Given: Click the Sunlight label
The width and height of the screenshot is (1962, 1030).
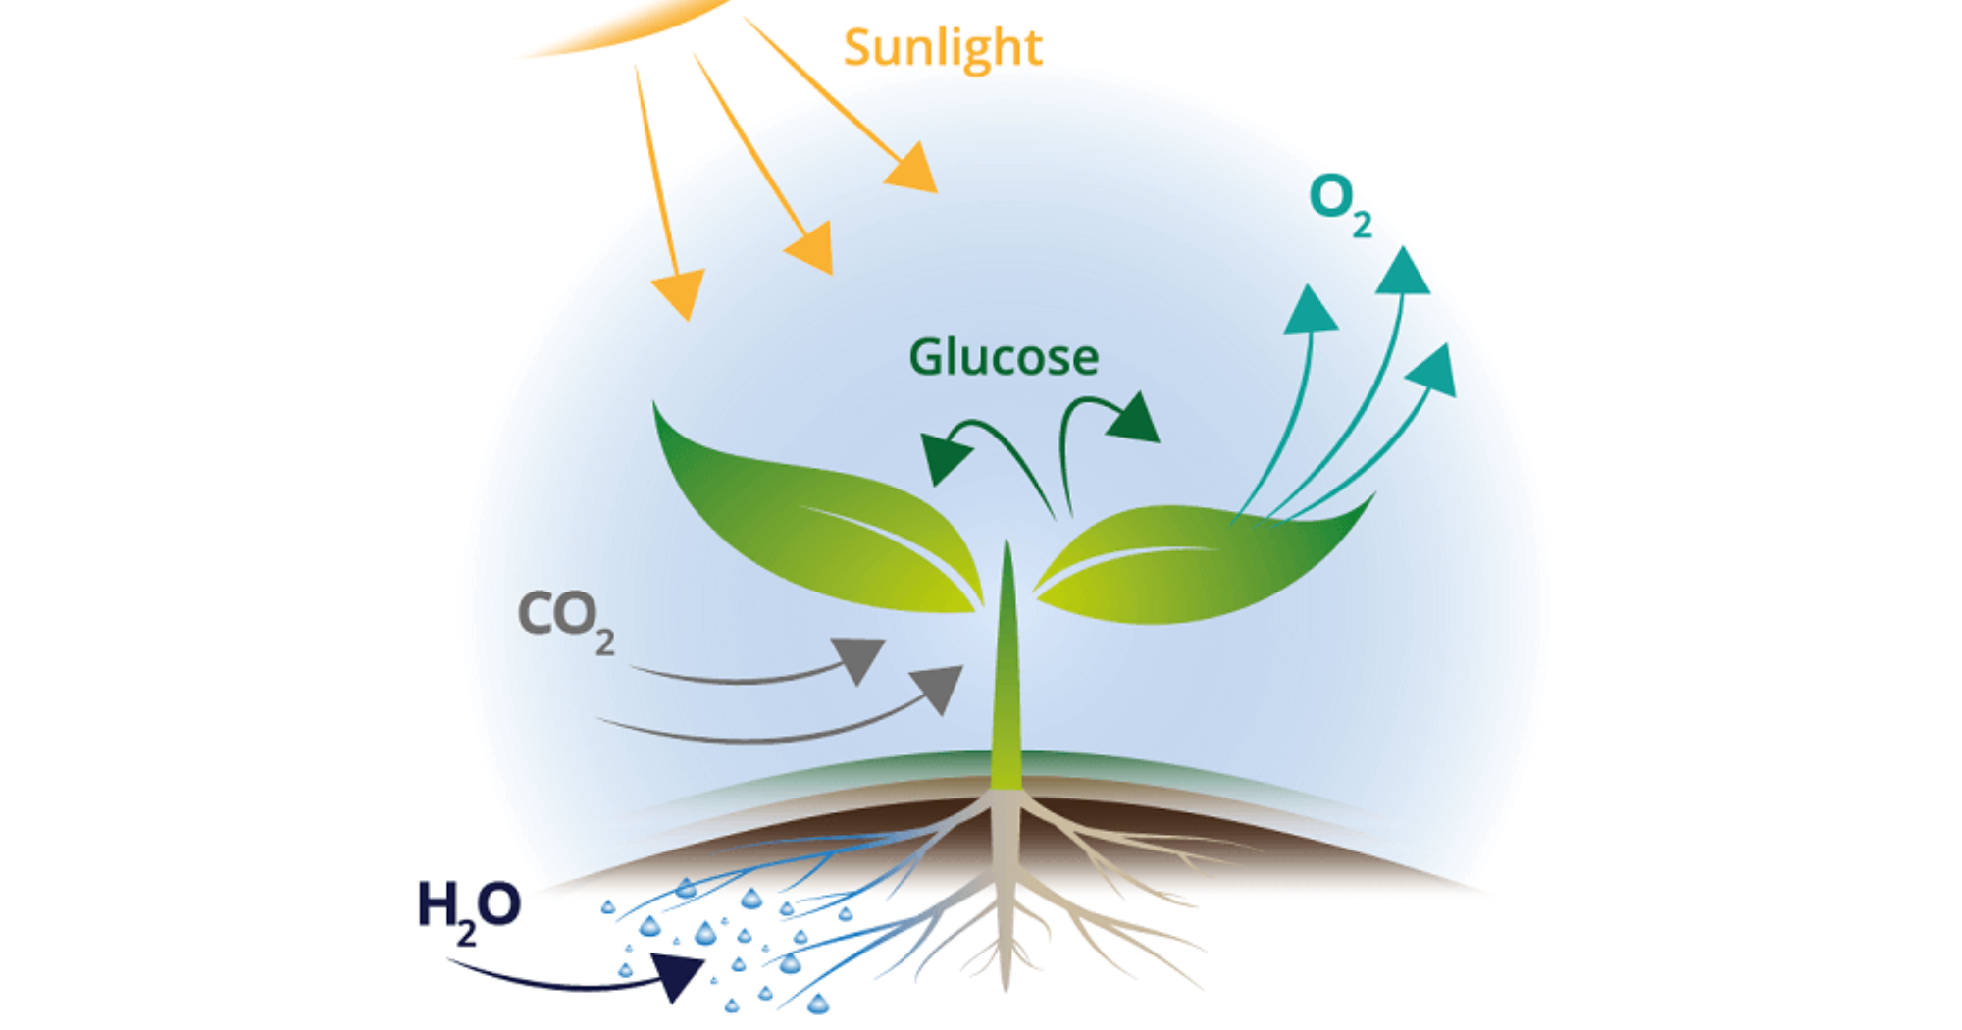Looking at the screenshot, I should click(x=942, y=47).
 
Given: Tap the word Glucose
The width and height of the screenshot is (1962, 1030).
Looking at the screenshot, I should click(x=1003, y=357).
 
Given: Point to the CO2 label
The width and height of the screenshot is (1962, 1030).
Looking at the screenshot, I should click(x=565, y=618).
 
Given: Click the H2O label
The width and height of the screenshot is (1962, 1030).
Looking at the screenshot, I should click(x=468, y=908).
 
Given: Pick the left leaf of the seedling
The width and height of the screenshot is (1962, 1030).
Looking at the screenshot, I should click(x=804, y=520).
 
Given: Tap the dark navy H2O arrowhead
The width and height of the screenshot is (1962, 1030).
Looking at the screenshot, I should click(x=677, y=975).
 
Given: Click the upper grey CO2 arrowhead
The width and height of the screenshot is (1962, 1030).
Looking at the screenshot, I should click(x=858, y=657).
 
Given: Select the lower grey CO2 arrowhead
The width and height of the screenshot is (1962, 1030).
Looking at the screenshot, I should click(x=938, y=686).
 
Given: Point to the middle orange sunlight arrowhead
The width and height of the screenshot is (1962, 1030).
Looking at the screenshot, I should click(x=812, y=247).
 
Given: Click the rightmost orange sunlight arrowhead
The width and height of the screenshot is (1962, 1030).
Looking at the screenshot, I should click(x=912, y=168).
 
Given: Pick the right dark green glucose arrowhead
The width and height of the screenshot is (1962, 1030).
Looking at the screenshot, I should click(x=1136, y=419).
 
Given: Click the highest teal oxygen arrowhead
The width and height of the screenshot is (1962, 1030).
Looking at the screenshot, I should click(x=1403, y=273).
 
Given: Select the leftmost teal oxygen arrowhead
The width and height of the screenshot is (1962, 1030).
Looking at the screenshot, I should click(x=1310, y=312).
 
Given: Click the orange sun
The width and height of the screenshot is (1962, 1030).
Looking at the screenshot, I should click(x=628, y=20).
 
